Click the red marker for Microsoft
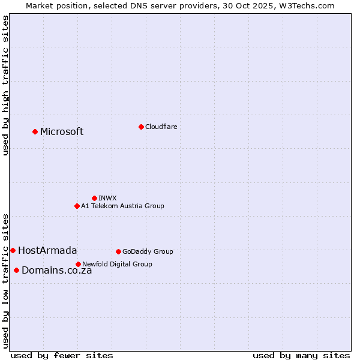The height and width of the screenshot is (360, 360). [x=35, y=131]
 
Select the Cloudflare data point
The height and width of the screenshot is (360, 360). [x=141, y=127]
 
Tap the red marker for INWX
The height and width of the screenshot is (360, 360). [x=94, y=198]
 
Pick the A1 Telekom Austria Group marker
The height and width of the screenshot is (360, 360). [x=77, y=206]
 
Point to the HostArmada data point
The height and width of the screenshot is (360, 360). [x=13, y=250]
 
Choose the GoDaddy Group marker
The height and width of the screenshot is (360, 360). [x=118, y=251]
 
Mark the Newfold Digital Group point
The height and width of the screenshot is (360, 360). [x=78, y=264]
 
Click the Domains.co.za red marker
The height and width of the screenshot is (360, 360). [x=16, y=270]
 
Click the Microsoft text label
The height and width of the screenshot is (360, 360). [x=62, y=132]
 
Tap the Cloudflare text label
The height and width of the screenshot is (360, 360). [x=161, y=127]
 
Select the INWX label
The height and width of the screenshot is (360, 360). [x=107, y=198]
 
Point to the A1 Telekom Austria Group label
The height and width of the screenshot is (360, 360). [x=122, y=206]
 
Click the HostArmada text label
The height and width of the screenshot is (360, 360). [x=47, y=251]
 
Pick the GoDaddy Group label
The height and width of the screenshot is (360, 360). [x=148, y=251]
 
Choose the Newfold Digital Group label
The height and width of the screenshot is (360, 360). [x=117, y=264]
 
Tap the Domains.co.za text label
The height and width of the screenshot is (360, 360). [x=56, y=271]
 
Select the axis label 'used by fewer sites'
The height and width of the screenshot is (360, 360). [x=62, y=355]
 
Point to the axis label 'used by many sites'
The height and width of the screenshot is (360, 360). [x=301, y=355]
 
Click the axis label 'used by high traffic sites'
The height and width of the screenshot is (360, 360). [x=5, y=86]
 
